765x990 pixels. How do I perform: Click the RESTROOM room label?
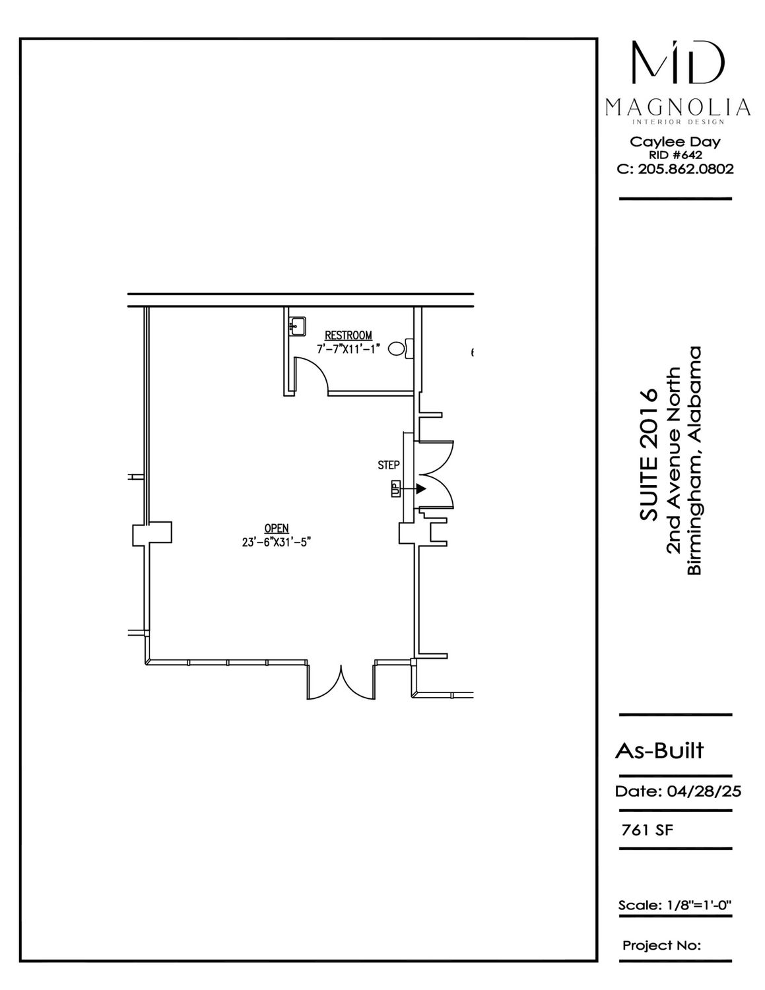tap(348, 335)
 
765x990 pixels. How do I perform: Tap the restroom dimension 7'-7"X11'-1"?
tap(349, 349)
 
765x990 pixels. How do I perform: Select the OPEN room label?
tap(277, 528)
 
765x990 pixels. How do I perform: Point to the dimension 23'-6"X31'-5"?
tap(277, 542)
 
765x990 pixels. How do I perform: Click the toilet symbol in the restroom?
tap(401, 348)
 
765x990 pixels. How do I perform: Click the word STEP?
tap(389, 465)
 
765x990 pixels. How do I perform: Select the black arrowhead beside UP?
tap(420, 489)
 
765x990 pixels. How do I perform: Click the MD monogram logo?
tap(678, 62)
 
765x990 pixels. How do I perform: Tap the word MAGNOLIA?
tap(678, 108)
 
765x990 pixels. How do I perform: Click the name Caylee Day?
tap(675, 142)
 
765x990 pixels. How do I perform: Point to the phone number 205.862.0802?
tap(686, 170)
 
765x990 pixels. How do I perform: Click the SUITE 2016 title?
tap(648, 454)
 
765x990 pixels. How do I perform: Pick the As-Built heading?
tap(659, 750)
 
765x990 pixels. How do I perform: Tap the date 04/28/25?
tap(704, 791)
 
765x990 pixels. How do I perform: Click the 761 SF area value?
tap(647, 830)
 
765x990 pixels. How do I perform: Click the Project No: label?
tap(661, 945)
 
